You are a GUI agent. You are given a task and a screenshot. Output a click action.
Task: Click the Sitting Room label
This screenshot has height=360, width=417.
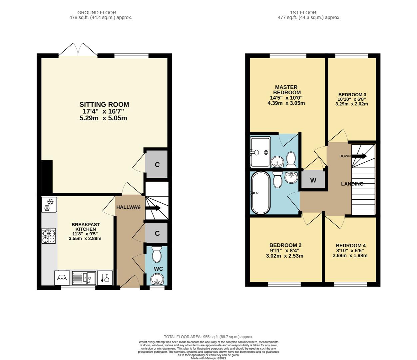[104, 104]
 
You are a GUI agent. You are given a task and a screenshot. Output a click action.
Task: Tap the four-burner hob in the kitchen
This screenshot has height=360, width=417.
[49, 236]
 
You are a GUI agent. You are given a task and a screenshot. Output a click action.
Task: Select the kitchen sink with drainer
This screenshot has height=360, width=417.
[84, 277]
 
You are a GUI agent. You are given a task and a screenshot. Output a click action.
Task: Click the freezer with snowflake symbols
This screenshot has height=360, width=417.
[49, 205]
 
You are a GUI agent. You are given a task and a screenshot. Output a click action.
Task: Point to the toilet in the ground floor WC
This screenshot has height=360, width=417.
[156, 254]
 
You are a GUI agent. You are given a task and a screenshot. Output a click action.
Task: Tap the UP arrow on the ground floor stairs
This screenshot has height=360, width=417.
[153, 208]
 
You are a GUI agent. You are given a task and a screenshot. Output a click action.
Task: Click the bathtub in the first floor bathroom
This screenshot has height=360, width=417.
[260, 193]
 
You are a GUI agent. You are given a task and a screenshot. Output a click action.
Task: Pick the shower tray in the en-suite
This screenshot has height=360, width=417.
[260, 152]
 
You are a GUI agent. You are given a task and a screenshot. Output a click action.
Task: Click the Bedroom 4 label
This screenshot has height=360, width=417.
[351, 246]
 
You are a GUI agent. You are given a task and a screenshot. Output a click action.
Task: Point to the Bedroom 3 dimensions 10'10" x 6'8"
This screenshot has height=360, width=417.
[352, 99]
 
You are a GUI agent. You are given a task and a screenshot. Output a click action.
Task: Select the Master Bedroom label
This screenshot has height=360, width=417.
[287, 90]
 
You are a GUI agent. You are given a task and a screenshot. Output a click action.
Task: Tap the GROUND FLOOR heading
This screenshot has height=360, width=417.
[97, 13]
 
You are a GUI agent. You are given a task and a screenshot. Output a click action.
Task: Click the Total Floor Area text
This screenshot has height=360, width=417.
[209, 337]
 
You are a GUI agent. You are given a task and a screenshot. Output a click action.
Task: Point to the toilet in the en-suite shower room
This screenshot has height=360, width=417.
[291, 160]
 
